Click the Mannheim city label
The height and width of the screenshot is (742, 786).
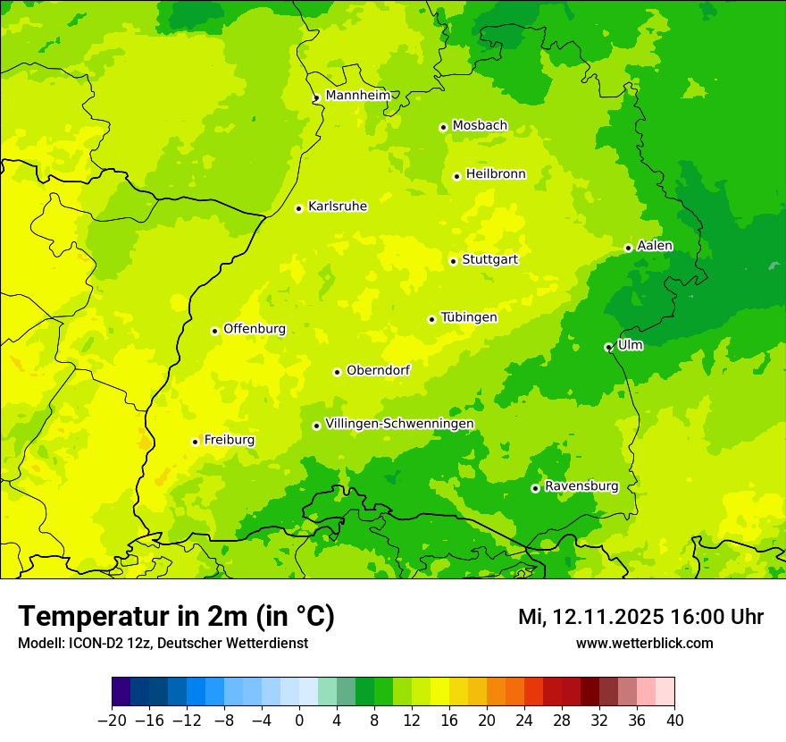click(357, 96)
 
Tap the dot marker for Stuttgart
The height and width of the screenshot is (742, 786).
click(454, 261)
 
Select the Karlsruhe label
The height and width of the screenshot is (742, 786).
click(337, 207)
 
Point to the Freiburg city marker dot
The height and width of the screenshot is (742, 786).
click(195, 442)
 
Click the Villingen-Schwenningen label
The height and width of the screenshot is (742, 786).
click(399, 424)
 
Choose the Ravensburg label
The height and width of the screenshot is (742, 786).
click(581, 486)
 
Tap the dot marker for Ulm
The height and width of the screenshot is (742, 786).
click(608, 347)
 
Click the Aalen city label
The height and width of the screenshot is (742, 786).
click(655, 246)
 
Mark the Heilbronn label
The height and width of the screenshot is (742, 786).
click(496, 174)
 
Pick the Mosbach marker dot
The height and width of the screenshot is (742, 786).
click(443, 127)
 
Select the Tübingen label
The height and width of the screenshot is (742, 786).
click(469, 317)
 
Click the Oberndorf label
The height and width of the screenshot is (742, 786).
click(378, 370)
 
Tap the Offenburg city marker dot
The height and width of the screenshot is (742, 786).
click(214, 331)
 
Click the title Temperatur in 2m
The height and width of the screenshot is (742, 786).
click(176, 616)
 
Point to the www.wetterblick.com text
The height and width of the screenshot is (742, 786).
click(644, 643)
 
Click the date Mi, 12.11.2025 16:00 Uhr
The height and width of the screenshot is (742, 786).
click(640, 617)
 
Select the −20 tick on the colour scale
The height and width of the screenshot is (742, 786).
click(112, 721)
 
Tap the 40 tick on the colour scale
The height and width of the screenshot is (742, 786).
click(674, 721)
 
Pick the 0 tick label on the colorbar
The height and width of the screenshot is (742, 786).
click(299, 721)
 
